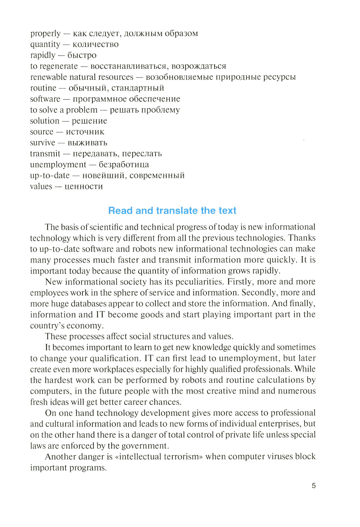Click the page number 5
click(314, 486)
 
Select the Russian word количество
click(95, 44)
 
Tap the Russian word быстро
click(82, 55)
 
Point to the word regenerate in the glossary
click(58, 66)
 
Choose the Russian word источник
click(85, 132)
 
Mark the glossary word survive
click(42, 143)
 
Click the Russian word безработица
click(123, 164)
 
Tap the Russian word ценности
click(84, 186)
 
